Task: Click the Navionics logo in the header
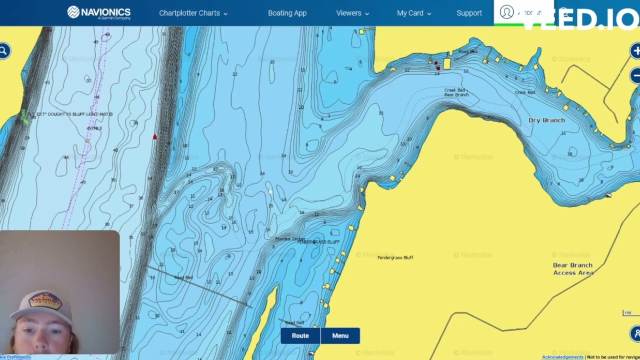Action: [x=99, y=13]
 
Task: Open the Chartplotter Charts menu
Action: [x=193, y=13]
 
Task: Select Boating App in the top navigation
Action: [x=287, y=13]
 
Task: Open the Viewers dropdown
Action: [x=352, y=13]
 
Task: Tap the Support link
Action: [x=469, y=13]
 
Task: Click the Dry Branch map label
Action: [x=546, y=120]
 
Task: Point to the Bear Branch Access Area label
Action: [x=573, y=269]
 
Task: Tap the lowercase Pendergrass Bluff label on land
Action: [x=395, y=257]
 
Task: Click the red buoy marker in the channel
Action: [x=155, y=136]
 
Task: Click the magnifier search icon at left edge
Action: [x=3, y=50]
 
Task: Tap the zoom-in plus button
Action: [x=635, y=50]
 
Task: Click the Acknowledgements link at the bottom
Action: [x=562, y=357]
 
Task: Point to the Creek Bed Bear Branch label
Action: [x=456, y=92]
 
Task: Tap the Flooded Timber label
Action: [x=289, y=239]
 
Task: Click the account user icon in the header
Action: [x=506, y=12]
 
